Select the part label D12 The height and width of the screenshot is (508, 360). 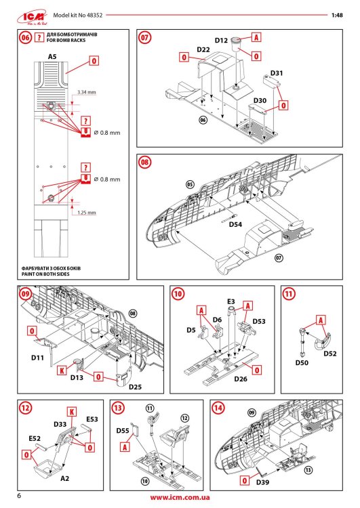coord(221,41)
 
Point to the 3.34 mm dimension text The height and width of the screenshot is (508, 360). coord(86,91)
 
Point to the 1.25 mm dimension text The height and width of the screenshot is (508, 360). coord(86,212)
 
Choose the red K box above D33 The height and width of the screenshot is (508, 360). coord(71,412)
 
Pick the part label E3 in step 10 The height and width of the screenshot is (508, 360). coord(231,301)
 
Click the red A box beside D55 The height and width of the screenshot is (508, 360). coord(125,447)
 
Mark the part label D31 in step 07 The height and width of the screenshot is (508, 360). coord(277,72)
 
